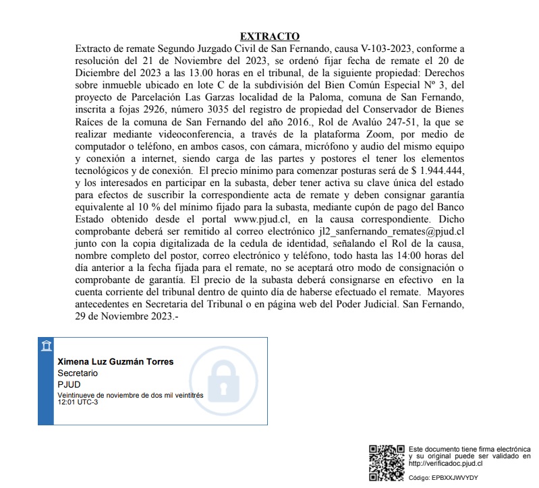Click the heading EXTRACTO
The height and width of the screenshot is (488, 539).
pos(270,36)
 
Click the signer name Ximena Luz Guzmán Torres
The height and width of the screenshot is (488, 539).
pos(115,362)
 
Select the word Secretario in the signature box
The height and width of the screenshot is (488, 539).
pos(78,373)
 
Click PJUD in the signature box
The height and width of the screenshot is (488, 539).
pos(69,384)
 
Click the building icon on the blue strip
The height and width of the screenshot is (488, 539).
pos(46,346)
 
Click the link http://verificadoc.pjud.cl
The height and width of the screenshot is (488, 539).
pos(445,464)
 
